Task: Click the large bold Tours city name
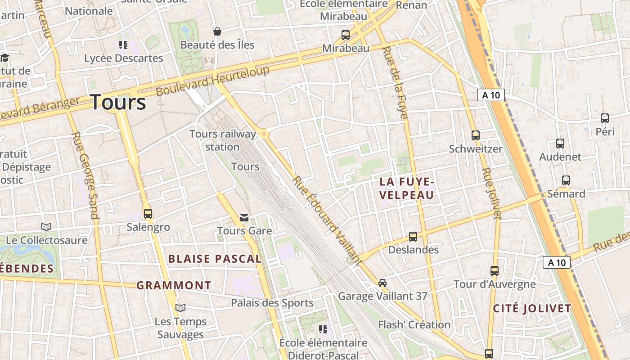tap(118, 102)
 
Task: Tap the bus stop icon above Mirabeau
tap(346, 35)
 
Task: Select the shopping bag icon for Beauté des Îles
tap(217, 31)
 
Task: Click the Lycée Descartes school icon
tap(123, 45)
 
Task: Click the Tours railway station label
tap(222, 140)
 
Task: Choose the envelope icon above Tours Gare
tap(244, 218)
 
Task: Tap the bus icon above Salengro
tap(148, 214)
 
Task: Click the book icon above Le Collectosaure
tap(46, 227)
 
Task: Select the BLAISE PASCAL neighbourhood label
tap(214, 259)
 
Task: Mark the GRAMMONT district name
tap(174, 285)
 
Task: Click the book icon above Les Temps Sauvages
tap(180, 308)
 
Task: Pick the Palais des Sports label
tap(272, 303)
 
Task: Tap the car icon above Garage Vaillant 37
tap(382, 283)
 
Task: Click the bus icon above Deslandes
tap(413, 236)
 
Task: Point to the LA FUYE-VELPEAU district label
tap(407, 188)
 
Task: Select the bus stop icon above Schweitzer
tap(476, 135)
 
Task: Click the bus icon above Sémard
tap(566, 180)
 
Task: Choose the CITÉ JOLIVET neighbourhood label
tap(532, 309)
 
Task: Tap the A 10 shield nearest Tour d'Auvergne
tap(557, 262)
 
